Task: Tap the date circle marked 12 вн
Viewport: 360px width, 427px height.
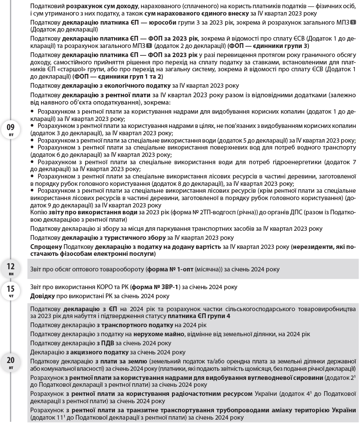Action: pyautogui.click(x=11, y=268)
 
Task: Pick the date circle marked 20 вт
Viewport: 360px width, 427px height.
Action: pyautogui.click(x=11, y=363)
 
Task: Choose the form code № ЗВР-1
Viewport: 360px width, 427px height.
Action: pyautogui.click(x=161, y=287)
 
